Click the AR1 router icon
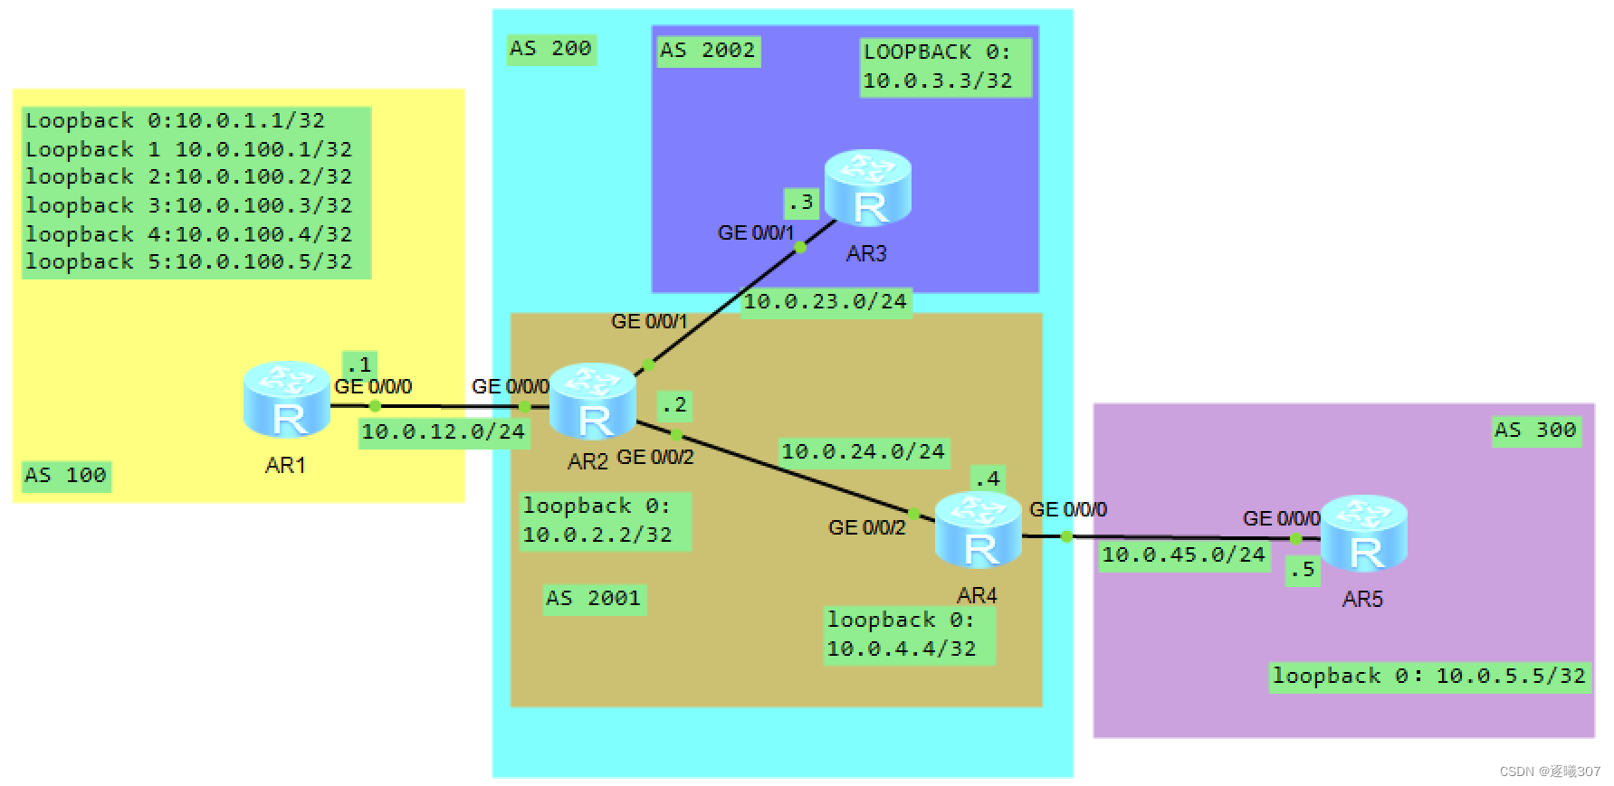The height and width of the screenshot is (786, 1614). pos(287,400)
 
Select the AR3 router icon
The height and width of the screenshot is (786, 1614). pos(867,188)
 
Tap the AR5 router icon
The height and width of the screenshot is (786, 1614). pos(1363,534)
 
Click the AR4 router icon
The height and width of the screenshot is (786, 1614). pos(978,530)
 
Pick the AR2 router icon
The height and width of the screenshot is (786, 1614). pos(593,402)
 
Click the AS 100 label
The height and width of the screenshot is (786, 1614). pos(66,475)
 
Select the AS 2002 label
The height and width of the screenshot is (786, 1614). pos(707,51)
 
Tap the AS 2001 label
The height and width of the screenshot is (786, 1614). pos(594,599)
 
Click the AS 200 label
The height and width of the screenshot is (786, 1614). pos(550,49)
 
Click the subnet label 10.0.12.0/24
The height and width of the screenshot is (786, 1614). pos(443,432)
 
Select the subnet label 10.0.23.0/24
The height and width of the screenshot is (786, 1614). pos(825,302)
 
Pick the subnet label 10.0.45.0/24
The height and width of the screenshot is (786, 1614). pos(1182,555)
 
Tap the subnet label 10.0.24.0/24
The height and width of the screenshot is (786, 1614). pos(863,451)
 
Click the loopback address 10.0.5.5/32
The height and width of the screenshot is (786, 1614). pos(1510,677)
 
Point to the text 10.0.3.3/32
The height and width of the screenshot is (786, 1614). pos(937,81)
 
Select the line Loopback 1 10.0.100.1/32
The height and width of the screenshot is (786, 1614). pos(188,149)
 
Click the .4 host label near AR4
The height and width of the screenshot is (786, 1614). pos(987,478)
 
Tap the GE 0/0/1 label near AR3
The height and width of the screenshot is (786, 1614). pos(755,233)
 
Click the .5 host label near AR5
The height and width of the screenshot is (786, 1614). pos(1303,570)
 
